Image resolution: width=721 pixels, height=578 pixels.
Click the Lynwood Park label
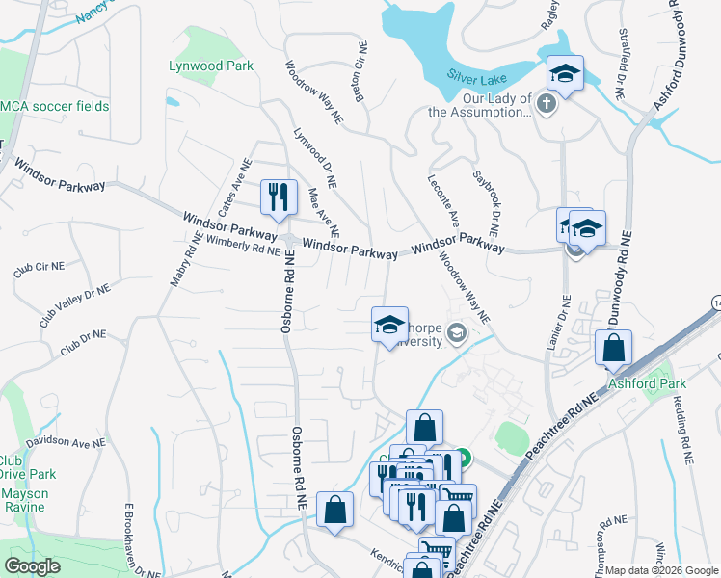[211, 66]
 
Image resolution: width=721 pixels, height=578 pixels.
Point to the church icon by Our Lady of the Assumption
[547, 103]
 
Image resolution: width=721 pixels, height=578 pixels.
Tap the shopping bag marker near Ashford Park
[613, 348]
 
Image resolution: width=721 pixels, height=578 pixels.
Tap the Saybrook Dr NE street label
[485, 203]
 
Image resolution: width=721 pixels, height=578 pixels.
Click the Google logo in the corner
[32, 565]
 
